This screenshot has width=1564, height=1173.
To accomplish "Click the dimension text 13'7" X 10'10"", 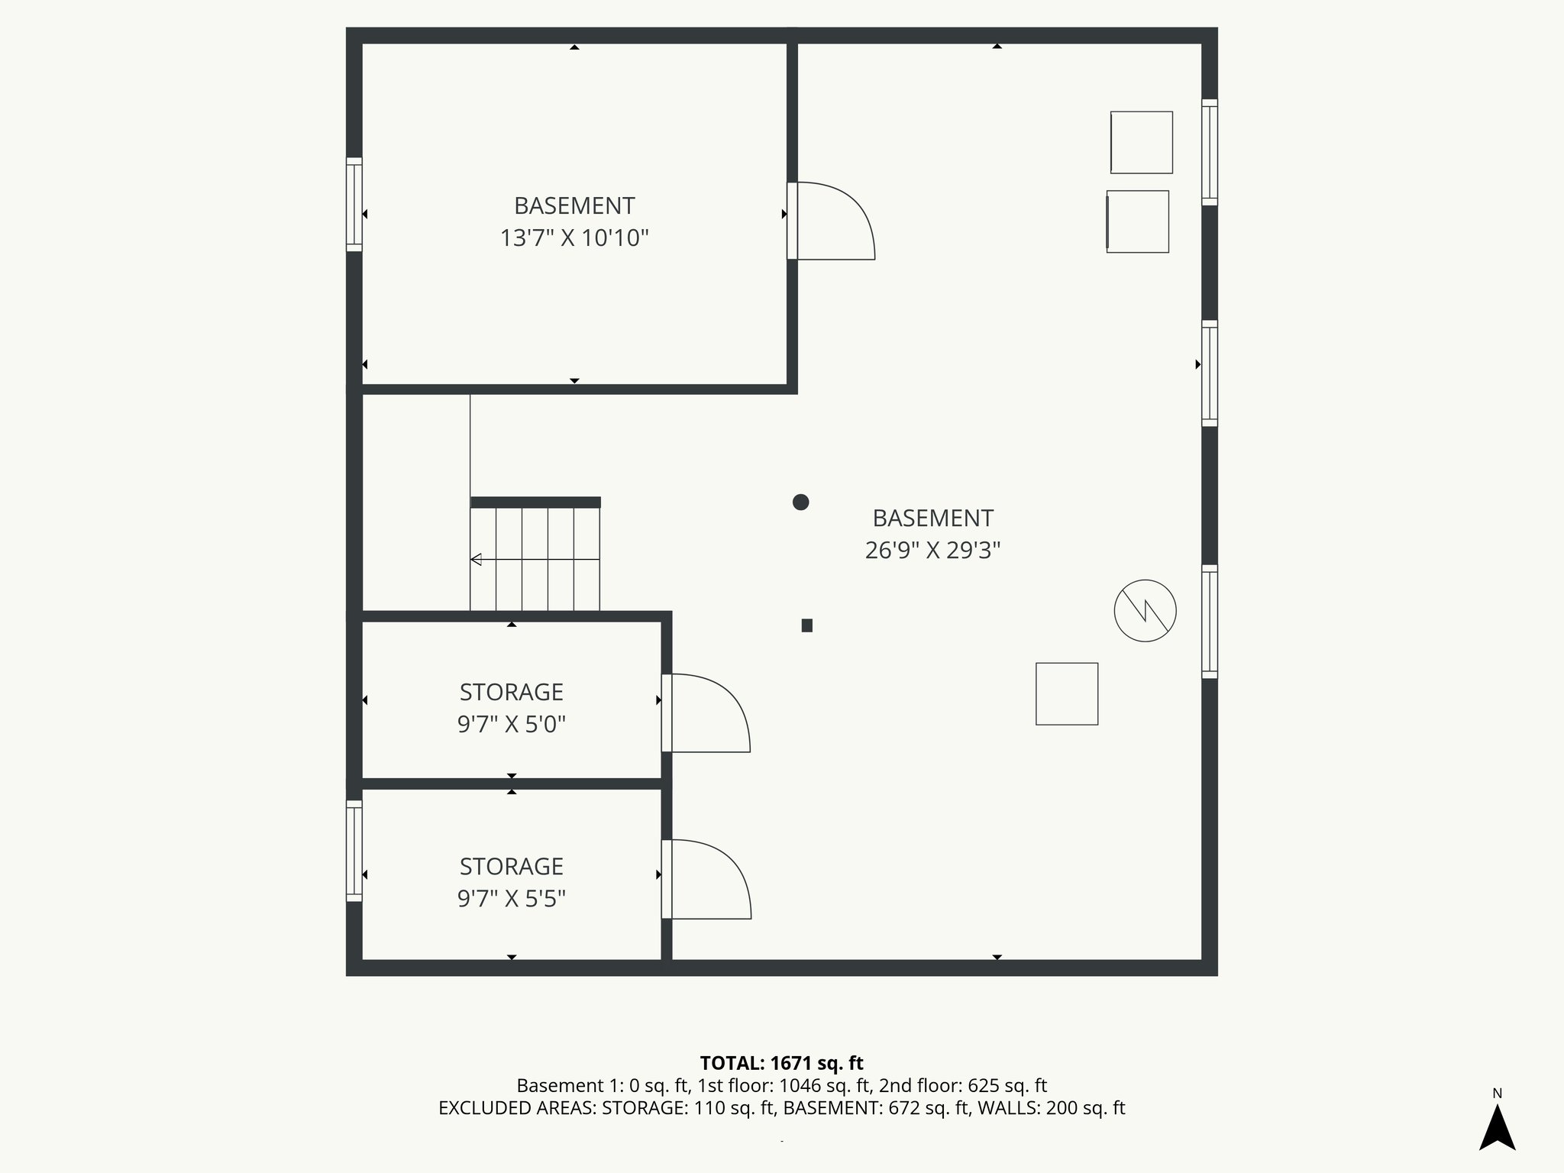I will [574, 238].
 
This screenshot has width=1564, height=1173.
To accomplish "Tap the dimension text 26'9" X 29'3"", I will [932, 550].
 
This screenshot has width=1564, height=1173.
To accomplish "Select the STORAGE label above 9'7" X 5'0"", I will [511, 692].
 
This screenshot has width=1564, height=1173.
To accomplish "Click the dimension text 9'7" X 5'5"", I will [511, 899].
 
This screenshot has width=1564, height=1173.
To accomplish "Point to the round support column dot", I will [800, 502].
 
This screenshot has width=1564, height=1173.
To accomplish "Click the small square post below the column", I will [806, 625].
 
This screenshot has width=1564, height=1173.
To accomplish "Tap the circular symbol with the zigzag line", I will [1145, 610].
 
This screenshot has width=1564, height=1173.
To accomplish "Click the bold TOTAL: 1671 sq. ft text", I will [781, 1063].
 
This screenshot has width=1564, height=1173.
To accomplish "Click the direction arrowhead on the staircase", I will [476, 560].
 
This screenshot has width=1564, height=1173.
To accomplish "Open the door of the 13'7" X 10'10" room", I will [832, 221].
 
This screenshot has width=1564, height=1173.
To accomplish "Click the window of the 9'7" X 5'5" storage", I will [354, 851].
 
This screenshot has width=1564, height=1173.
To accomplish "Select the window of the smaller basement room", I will [354, 204].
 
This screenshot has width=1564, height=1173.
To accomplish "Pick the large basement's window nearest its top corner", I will [1209, 152].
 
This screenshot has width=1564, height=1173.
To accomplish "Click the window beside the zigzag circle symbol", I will [1209, 622].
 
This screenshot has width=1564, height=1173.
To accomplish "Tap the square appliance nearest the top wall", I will [1141, 142].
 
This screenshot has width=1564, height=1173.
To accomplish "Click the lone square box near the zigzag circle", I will [1066, 693].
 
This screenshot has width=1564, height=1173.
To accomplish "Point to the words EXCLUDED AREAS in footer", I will [517, 1108].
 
